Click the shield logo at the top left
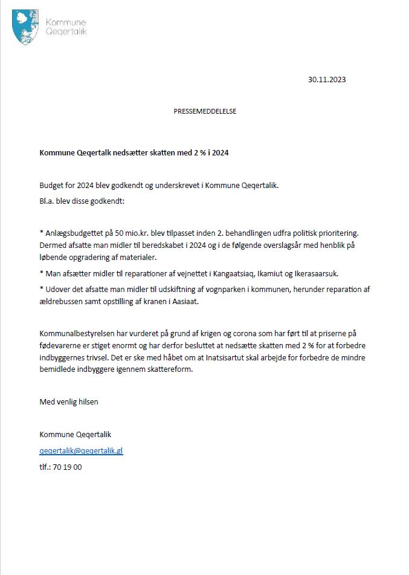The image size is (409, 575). (x=26, y=27)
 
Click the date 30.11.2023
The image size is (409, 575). (x=327, y=79)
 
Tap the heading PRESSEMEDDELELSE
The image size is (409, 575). (x=205, y=112)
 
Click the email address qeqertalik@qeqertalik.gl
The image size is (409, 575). (x=81, y=450)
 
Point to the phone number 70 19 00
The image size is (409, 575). (x=69, y=467)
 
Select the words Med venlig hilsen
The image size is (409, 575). (x=69, y=401)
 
